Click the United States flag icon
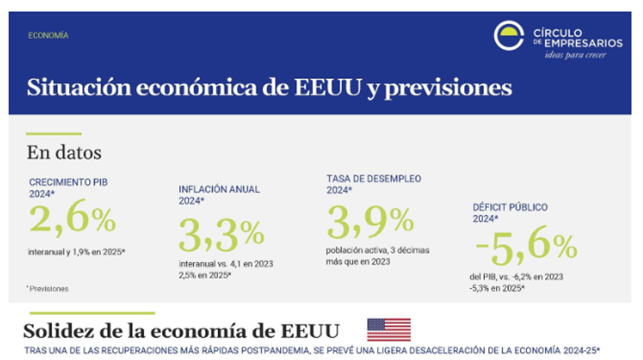(x=388, y=330)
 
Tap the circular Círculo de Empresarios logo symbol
(x=509, y=36)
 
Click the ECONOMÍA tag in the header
(x=49, y=35)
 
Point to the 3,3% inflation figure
(x=222, y=235)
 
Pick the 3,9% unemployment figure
(x=370, y=222)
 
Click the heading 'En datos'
(x=64, y=153)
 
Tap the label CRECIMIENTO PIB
(x=68, y=182)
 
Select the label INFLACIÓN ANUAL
(x=219, y=190)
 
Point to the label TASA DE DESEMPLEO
(x=374, y=178)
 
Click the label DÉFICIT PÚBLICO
(x=510, y=207)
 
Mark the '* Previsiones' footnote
(x=47, y=288)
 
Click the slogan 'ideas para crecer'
(x=575, y=54)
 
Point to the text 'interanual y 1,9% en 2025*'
(x=77, y=251)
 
